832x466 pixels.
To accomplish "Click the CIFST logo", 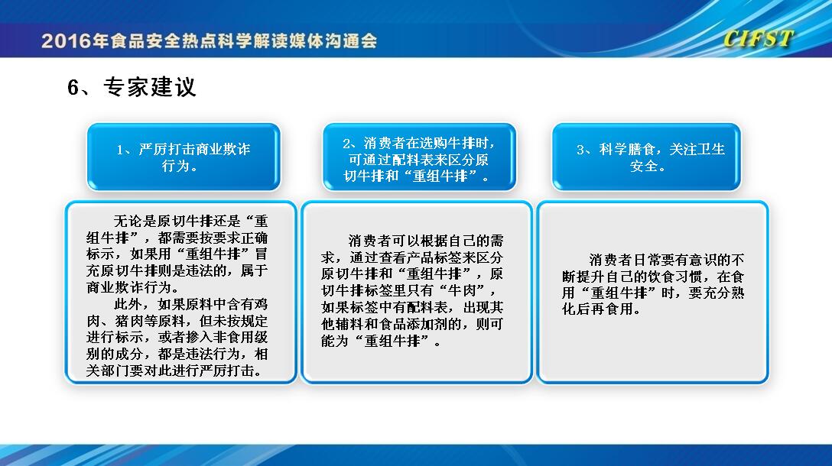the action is (758, 39).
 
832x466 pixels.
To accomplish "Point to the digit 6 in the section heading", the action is (73, 88).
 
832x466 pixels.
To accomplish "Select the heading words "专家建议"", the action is (150, 88).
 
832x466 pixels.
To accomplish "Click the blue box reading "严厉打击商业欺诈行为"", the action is (184, 157).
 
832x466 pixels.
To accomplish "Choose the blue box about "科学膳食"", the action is (646, 157).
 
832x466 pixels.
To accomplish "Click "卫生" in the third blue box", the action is (711, 149).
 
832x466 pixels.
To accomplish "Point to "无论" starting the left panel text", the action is (128, 221).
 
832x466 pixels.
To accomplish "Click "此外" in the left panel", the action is (128, 304).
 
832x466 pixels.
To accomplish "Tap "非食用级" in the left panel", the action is (240, 337).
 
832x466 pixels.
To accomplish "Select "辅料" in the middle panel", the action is (349, 324).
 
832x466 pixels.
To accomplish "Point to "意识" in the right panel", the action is (703, 260).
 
